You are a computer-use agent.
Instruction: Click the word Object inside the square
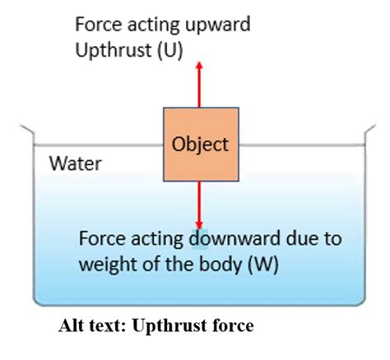(x=199, y=145)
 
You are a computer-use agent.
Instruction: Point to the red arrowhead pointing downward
(x=198, y=224)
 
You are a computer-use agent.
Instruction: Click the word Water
(x=76, y=163)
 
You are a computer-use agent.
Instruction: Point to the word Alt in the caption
(x=72, y=325)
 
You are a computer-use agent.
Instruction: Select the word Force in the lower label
(x=102, y=241)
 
